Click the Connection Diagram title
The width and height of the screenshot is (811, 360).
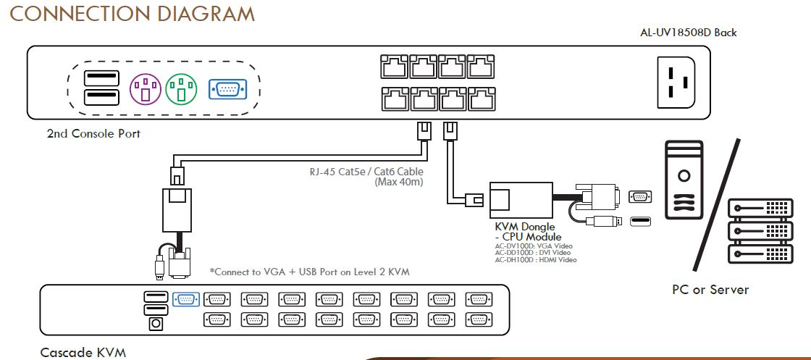132,14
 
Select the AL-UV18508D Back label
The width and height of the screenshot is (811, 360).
688,33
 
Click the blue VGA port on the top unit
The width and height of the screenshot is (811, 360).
227,88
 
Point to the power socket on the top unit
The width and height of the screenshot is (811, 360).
678,80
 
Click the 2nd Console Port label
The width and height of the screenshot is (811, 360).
93,134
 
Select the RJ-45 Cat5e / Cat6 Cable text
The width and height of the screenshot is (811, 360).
366,172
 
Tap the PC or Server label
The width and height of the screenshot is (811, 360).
710,290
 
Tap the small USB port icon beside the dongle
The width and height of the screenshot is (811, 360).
639,221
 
